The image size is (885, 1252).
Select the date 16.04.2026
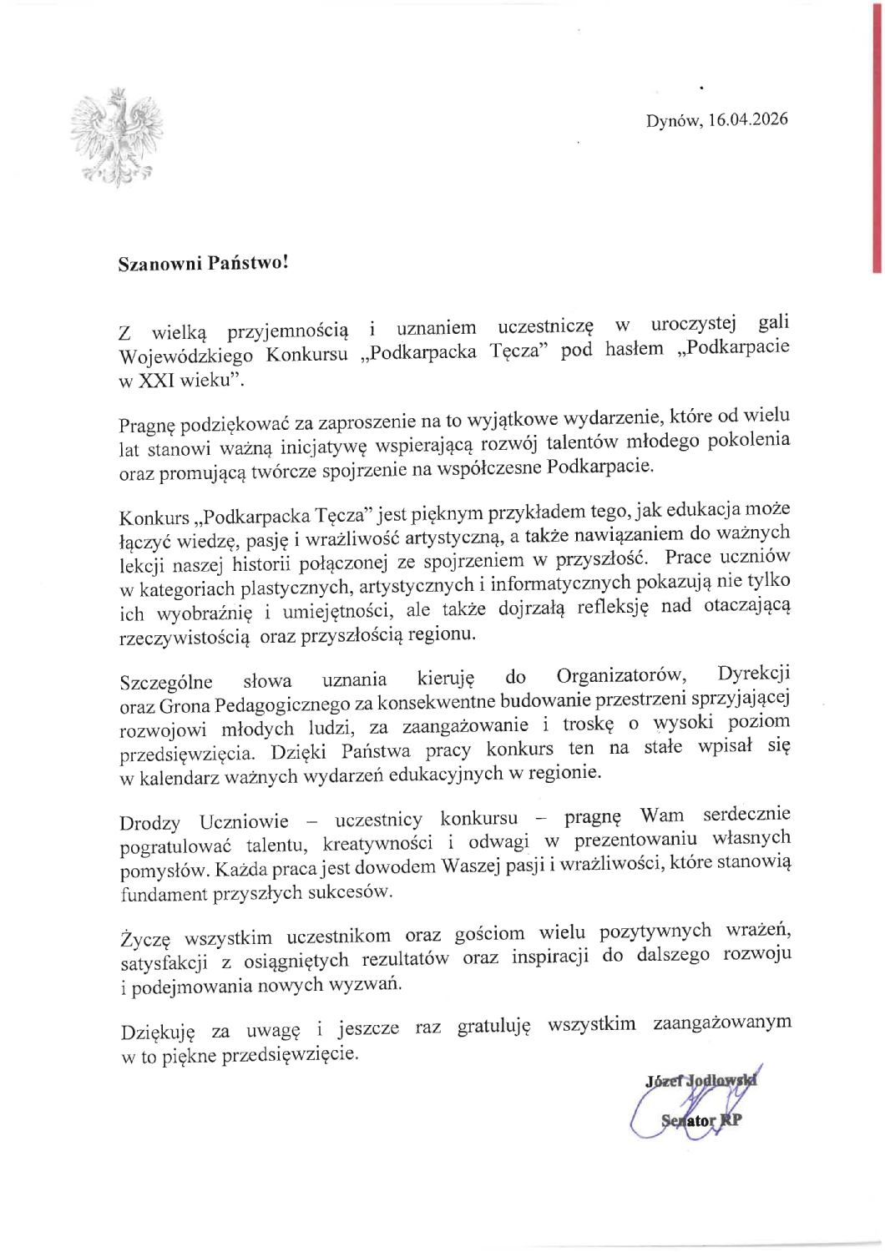747,119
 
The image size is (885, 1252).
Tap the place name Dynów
673,120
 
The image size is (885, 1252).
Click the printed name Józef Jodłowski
700,1081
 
